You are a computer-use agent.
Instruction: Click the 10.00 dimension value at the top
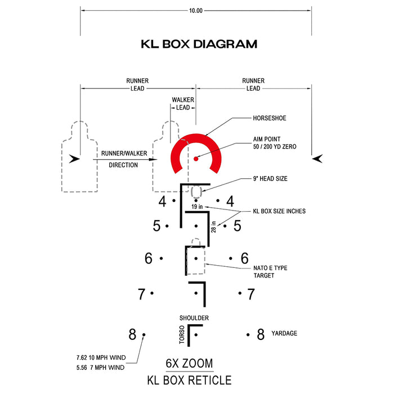tap(196, 11)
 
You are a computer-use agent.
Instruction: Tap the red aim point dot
tap(196, 159)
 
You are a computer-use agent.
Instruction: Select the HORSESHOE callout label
tap(270, 118)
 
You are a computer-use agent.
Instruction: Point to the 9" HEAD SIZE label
tap(270, 178)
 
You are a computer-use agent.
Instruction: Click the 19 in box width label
tap(197, 207)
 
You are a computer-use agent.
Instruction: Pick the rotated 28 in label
tap(213, 227)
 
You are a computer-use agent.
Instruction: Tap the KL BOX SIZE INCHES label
tap(279, 211)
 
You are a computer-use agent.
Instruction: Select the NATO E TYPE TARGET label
tap(270, 272)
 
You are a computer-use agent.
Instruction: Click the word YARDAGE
tap(284, 333)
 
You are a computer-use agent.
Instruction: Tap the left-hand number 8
tap(132, 334)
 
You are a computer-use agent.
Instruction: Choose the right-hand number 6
tap(245, 258)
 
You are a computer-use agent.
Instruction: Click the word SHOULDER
tap(194, 318)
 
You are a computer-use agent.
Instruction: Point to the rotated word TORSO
tap(182, 334)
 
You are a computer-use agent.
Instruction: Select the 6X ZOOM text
tap(190, 364)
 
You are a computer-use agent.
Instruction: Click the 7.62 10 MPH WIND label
tap(101, 357)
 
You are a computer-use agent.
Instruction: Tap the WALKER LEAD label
tap(183, 104)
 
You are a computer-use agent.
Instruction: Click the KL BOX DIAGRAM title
tap(199, 44)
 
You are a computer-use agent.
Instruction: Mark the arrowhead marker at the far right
tap(317, 159)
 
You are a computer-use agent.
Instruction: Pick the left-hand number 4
tap(163, 202)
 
